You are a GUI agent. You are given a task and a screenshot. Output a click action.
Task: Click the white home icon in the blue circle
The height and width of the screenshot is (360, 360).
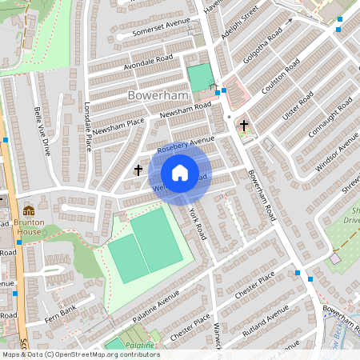tap(180, 173)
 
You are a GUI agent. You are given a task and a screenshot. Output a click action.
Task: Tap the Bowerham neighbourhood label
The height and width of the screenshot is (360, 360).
tap(156, 95)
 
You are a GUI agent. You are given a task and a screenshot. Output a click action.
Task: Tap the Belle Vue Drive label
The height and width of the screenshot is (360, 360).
tap(41, 130)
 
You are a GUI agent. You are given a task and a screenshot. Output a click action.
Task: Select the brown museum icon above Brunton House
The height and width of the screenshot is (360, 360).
tap(29, 210)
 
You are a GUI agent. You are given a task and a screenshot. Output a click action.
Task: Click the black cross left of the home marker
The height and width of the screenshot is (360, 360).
tap(138, 170)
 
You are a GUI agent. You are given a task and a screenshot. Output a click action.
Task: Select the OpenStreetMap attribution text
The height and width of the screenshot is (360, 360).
tap(80, 354)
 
